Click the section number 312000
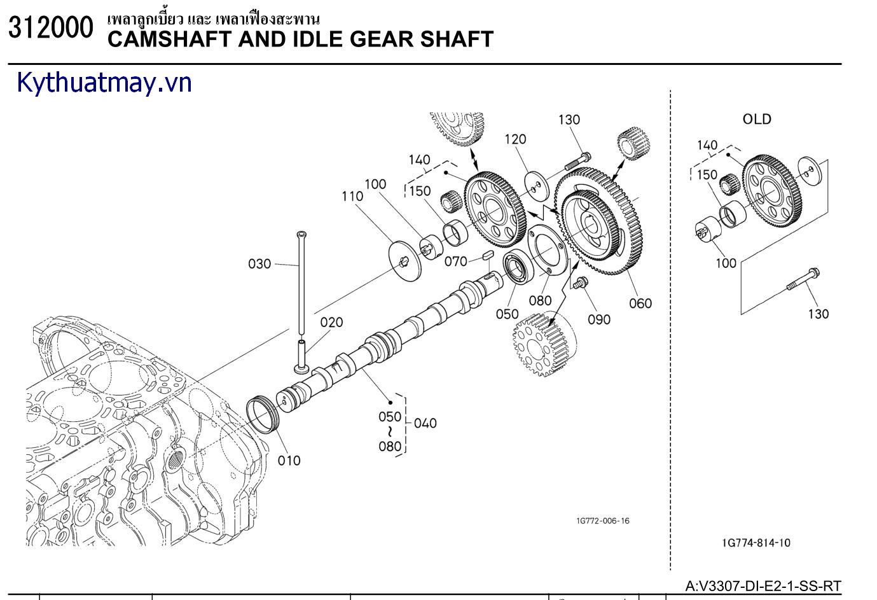[50, 29]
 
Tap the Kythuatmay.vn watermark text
[104, 83]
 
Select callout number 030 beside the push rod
[259, 263]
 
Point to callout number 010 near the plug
[289, 460]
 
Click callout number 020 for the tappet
[331, 323]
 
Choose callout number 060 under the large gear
[640, 303]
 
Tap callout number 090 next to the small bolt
[599, 319]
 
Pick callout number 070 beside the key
[456, 261]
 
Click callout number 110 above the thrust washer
[352, 196]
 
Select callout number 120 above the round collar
[515, 139]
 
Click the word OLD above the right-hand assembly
[757, 119]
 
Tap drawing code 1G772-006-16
[602, 521]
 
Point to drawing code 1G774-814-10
[756, 543]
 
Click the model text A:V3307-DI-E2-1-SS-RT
[763, 585]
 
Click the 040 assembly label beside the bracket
[425, 422]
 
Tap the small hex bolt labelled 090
[579, 284]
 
